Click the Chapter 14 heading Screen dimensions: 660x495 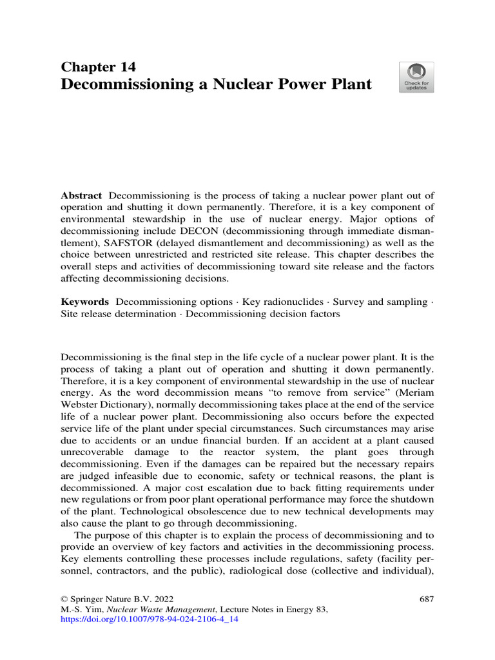tap(98, 66)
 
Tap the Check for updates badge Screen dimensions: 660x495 tap(416, 77)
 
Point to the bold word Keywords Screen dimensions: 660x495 tap(84, 302)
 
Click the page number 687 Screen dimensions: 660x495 tap(427, 598)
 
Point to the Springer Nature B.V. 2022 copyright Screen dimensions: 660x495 tap(117, 598)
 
